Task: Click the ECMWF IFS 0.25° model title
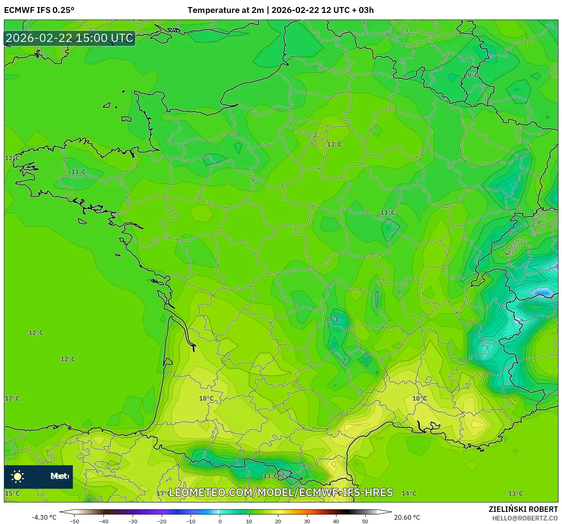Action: pos(39,10)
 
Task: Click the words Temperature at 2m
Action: pos(226,10)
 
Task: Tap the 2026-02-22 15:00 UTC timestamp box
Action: pos(70,38)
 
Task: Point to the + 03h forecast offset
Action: pos(363,10)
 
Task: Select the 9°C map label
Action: pos(473,75)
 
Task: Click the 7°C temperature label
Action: pos(334,320)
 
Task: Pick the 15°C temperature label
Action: pos(12,493)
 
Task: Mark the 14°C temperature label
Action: pos(409,493)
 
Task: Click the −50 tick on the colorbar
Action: pos(74,521)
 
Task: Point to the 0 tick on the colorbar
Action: pos(220,521)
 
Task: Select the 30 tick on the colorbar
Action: pos(307,521)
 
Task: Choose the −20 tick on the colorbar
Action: pos(162,521)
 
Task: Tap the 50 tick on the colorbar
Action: pos(365,521)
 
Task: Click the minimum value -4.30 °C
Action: pos(44,517)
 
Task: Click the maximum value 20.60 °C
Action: pos(407,517)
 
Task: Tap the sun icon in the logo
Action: pos(18,476)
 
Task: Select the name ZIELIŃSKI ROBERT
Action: pos(523,509)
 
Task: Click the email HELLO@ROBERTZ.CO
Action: pos(525,518)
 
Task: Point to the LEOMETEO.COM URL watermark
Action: pos(280,493)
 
